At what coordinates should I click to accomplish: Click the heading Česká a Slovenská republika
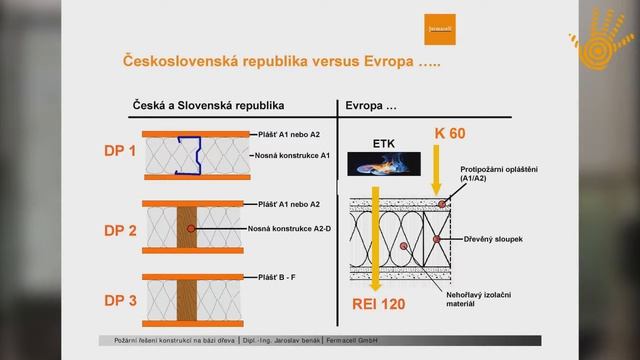209,104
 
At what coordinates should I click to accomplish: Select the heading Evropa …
373,104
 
